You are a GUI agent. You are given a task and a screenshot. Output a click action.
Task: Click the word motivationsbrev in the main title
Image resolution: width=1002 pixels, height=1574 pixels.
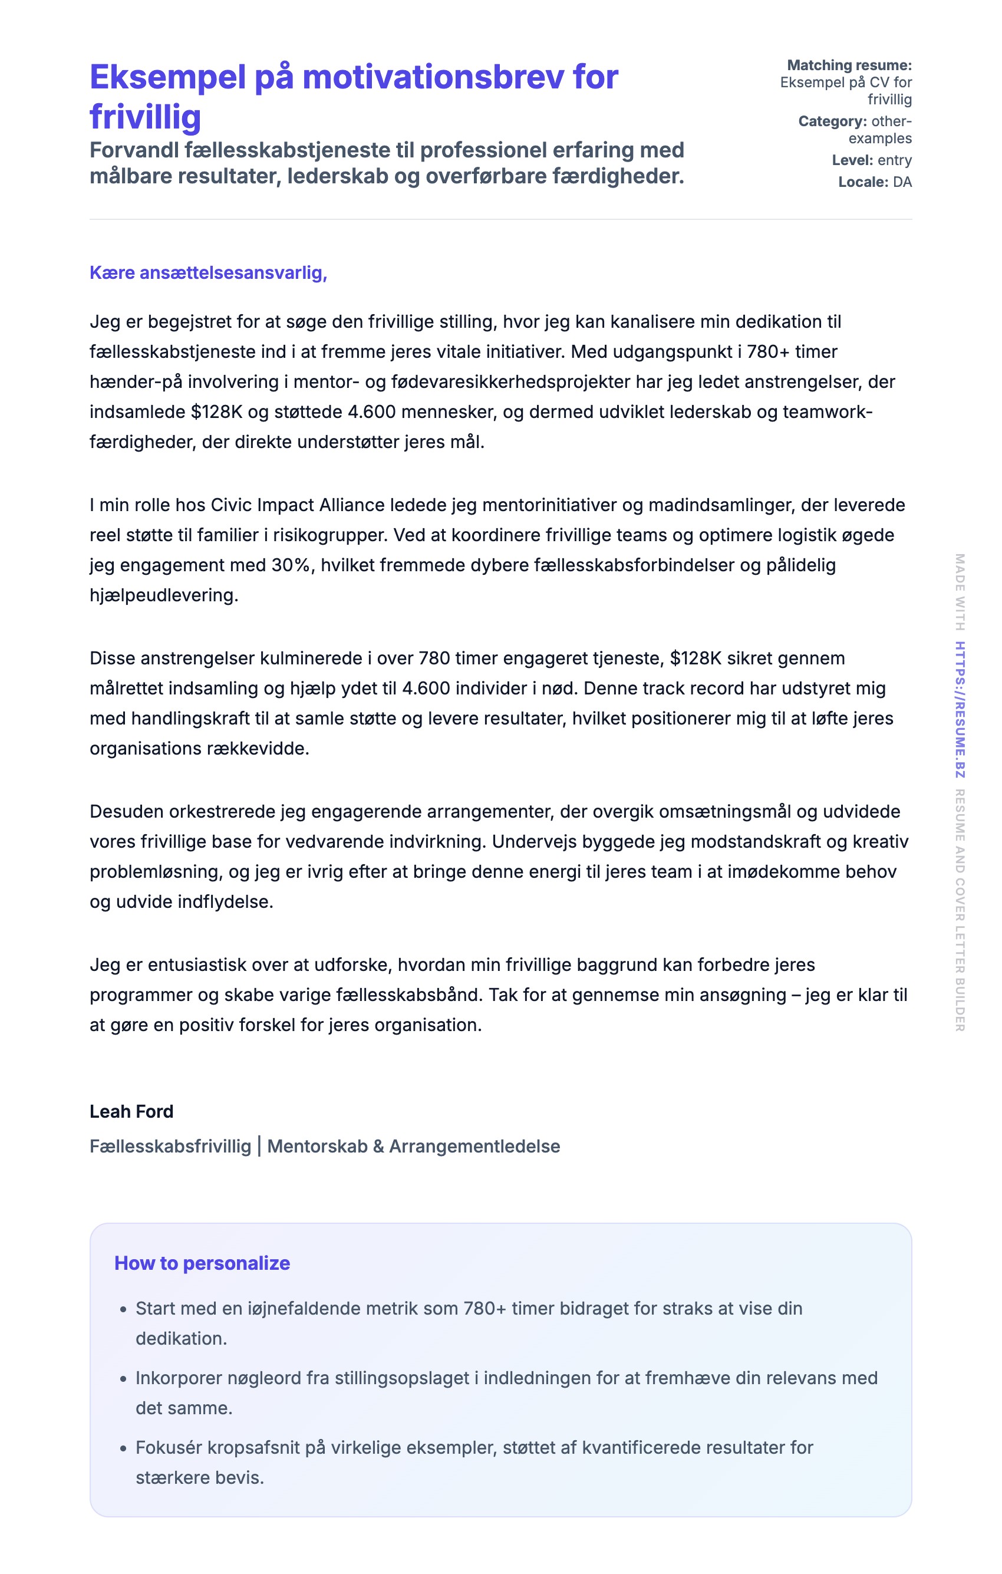(x=432, y=77)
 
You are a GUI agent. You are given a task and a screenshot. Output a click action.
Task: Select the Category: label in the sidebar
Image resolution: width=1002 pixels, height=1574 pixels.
(x=832, y=121)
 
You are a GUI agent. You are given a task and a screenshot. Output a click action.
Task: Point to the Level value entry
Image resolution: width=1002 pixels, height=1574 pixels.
(x=894, y=160)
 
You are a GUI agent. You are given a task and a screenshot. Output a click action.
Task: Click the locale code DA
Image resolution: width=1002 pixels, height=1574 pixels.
(x=902, y=182)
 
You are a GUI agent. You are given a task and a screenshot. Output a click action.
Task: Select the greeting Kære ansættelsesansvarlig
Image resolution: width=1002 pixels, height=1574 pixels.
(x=208, y=272)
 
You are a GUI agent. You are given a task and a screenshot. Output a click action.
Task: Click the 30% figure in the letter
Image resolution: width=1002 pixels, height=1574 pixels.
(x=290, y=565)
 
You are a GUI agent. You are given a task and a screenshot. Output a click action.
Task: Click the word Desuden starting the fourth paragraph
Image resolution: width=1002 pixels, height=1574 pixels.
(x=126, y=811)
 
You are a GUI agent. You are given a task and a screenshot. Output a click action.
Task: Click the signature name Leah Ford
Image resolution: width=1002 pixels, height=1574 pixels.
(x=131, y=1111)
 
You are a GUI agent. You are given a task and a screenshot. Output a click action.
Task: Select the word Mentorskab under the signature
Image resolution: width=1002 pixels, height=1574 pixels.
(x=317, y=1146)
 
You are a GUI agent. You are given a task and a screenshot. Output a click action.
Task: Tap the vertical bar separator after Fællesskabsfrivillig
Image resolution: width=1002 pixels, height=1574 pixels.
(x=259, y=1146)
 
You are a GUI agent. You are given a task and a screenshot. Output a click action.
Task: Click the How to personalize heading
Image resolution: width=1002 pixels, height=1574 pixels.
(x=202, y=1263)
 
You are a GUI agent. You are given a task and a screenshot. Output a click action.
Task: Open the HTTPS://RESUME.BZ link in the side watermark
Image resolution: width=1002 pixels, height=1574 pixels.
(x=960, y=710)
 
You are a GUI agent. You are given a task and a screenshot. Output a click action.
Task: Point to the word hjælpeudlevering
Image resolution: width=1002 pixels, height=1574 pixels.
(x=163, y=595)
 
